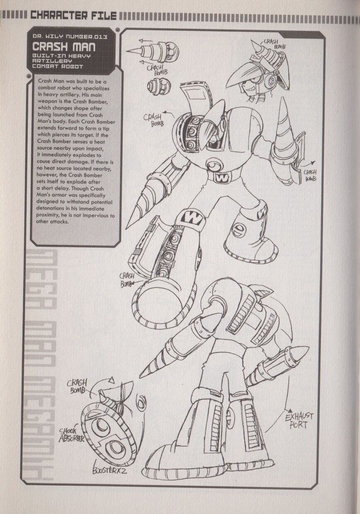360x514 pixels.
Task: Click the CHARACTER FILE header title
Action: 73,15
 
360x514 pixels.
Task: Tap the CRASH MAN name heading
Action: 64,47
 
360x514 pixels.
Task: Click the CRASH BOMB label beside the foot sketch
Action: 77,386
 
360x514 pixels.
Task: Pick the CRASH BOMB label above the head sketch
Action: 274,43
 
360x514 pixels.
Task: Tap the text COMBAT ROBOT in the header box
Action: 58,67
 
